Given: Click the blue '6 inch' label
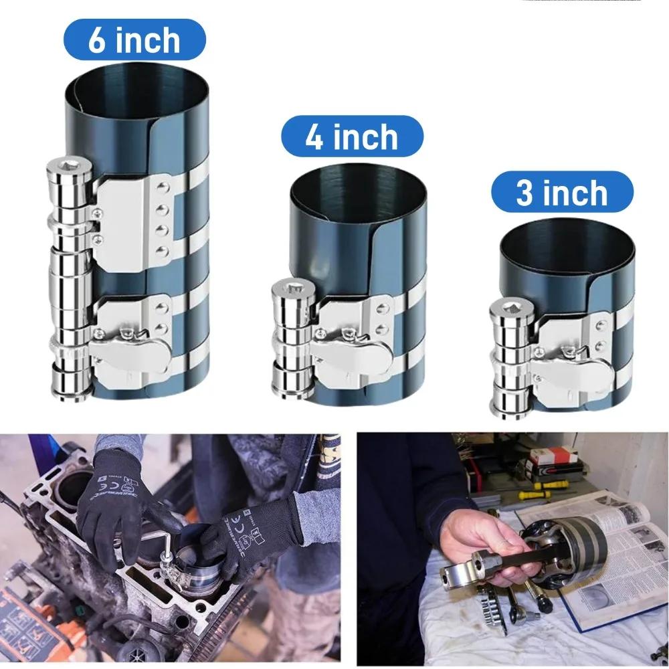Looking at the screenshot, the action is (135, 40).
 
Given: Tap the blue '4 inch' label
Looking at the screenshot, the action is (352, 136).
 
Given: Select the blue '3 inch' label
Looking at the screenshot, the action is (563, 192).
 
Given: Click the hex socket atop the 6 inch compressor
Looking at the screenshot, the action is (65, 165).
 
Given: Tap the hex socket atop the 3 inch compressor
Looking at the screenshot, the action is (508, 306).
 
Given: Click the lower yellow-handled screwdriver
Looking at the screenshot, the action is (533, 495).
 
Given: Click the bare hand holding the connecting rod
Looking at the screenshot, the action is (482, 545).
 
